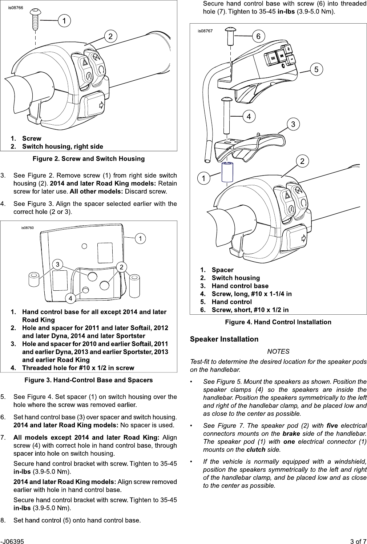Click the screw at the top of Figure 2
36,18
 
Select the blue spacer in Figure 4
226,172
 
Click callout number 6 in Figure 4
258,36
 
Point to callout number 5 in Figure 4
316,69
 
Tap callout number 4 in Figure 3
70,298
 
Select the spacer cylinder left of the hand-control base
33,279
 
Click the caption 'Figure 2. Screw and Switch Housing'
89,159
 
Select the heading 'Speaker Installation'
224,339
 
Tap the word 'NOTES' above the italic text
278,351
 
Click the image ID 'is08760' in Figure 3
27,228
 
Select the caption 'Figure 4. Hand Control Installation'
278,322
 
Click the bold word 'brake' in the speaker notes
291,434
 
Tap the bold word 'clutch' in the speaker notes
256,450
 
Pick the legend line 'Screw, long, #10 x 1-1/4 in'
251,294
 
